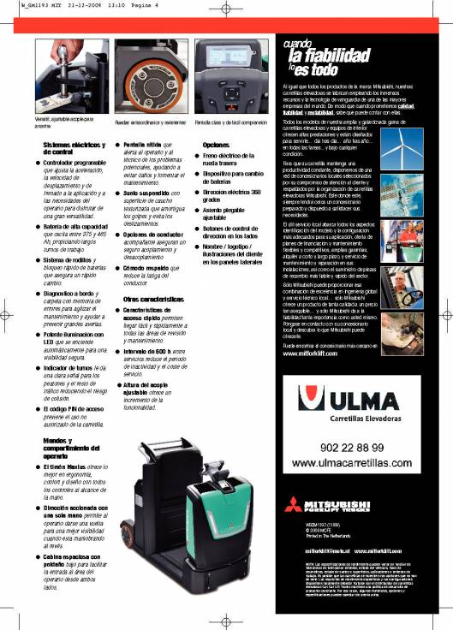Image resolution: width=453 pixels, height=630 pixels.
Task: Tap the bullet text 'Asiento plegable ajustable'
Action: tap(225, 214)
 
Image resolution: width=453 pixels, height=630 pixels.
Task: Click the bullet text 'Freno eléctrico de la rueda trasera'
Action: tap(226, 161)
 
